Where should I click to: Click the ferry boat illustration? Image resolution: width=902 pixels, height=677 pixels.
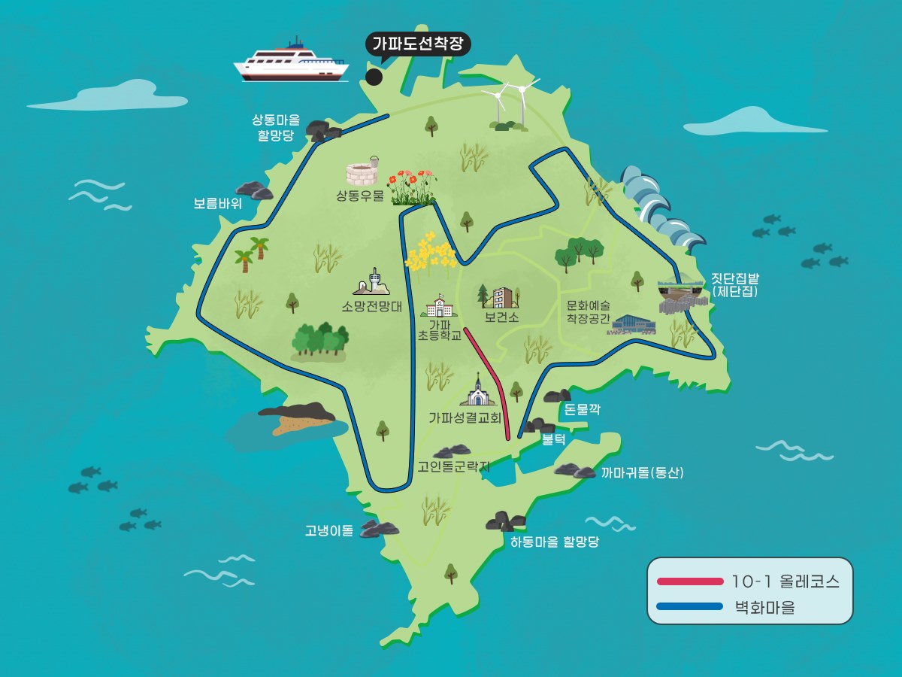coord(292,62)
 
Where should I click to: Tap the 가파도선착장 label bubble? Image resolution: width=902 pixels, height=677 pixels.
coord(418,44)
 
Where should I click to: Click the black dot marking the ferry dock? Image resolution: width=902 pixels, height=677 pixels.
coord(374,77)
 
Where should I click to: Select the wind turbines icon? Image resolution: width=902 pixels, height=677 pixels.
coord(510,105)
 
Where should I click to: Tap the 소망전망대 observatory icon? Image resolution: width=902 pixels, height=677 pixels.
coord(372,282)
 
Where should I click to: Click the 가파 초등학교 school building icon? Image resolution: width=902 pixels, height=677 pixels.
coord(440,306)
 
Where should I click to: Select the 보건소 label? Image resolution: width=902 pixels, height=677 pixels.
coord(501,317)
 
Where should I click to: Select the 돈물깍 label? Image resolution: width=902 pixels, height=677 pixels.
coord(582,410)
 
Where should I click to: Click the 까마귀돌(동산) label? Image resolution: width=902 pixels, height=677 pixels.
coord(642,473)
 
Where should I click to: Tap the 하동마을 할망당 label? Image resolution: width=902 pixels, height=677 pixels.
coord(554,542)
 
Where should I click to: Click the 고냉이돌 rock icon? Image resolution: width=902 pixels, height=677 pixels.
coord(379,529)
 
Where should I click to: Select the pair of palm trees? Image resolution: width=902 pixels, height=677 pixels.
coord(253,253)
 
